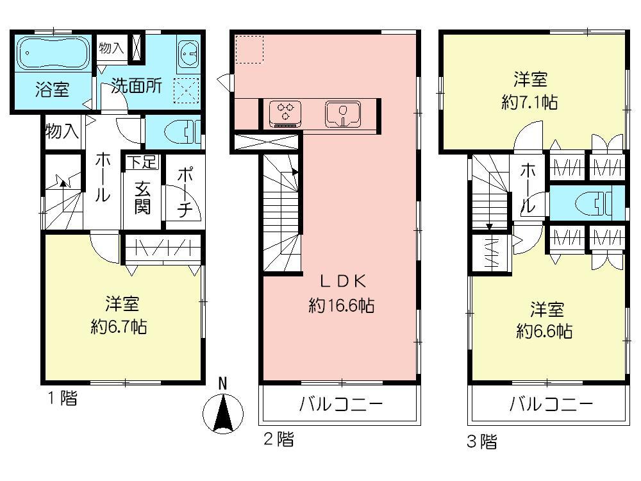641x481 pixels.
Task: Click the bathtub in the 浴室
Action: (x=51, y=53)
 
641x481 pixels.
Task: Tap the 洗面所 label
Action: (x=137, y=86)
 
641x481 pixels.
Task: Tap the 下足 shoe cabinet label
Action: (x=142, y=162)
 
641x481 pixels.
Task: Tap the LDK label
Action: (x=342, y=280)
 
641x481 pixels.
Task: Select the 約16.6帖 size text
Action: (x=341, y=306)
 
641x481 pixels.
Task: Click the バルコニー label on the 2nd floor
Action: (x=340, y=405)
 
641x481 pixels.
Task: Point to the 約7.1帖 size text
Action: (x=529, y=103)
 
